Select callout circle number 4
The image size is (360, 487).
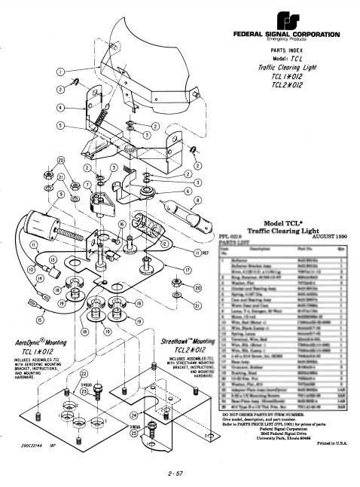tap(59, 106)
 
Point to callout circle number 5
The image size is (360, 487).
tap(59, 124)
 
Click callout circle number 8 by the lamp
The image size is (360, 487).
tap(197, 201)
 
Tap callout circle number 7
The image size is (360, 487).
tap(87, 183)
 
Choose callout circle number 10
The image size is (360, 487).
tap(11, 268)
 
